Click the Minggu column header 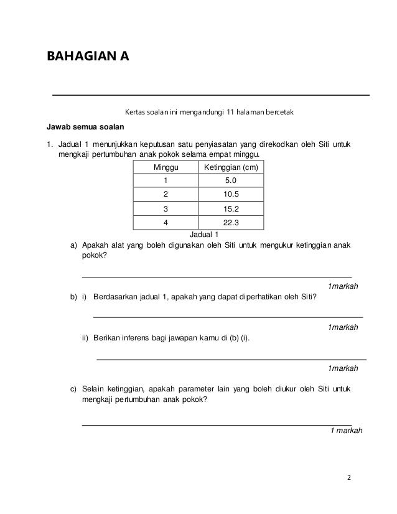click(x=166, y=168)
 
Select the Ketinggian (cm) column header click(x=230, y=168)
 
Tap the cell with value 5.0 click(x=230, y=181)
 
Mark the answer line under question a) click(x=217, y=276)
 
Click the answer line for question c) click(x=217, y=424)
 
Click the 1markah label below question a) click(x=342, y=286)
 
